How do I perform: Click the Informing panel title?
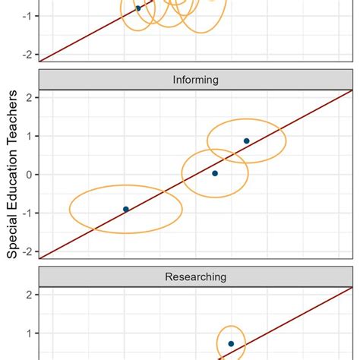pyautogui.click(x=196, y=80)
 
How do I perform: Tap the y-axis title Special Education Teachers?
pyautogui.click(x=14, y=173)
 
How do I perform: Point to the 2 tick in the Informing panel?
pyautogui.click(x=28, y=97)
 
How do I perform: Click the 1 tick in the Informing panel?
pyautogui.click(x=28, y=136)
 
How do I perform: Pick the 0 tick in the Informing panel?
pyautogui.click(x=28, y=175)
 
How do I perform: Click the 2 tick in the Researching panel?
pyautogui.click(x=28, y=294)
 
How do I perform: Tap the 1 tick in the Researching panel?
pyautogui.click(x=28, y=333)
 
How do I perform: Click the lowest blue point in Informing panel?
pyautogui.click(x=126, y=209)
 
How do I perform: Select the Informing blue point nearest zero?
pyautogui.click(x=215, y=173)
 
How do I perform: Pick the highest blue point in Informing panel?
pyautogui.click(x=246, y=141)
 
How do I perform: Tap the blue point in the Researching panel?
pyautogui.click(x=231, y=343)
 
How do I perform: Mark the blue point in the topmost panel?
pyautogui.click(x=138, y=8)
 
